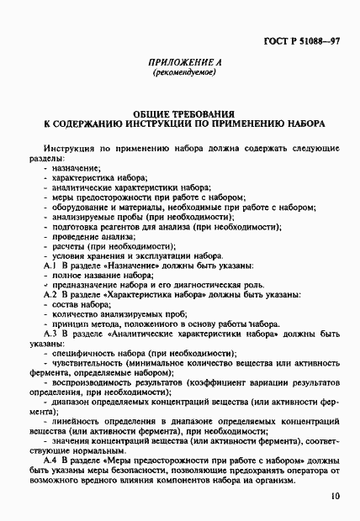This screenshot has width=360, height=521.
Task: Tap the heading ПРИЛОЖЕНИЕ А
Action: tap(179, 62)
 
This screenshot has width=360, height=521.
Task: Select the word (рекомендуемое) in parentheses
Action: tap(179, 72)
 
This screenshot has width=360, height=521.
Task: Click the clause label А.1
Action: tap(49, 266)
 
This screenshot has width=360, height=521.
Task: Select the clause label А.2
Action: tap(49, 296)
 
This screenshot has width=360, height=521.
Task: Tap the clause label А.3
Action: tap(49, 333)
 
